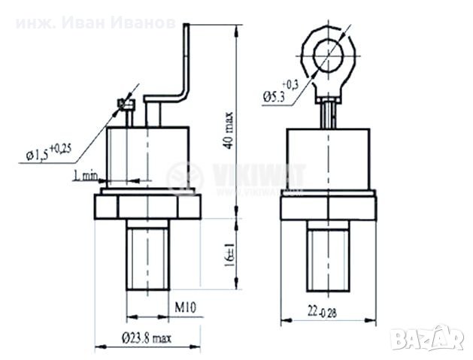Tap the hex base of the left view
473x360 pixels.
coord(147,205)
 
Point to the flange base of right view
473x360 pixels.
coord(328,206)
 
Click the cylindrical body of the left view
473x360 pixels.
coord(147,156)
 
